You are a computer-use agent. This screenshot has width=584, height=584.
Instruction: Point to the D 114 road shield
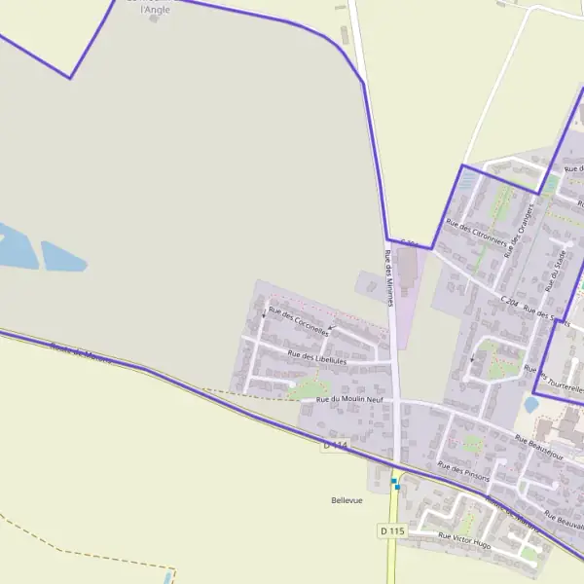[x=335, y=445]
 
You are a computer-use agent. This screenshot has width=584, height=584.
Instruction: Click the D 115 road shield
[x=391, y=530]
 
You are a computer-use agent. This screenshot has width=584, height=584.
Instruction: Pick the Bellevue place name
[x=347, y=500]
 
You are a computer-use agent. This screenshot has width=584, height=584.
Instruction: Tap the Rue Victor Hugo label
[x=464, y=541]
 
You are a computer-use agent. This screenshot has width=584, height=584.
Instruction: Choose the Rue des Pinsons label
[x=463, y=471]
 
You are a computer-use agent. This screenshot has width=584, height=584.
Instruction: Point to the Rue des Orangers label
[x=521, y=229]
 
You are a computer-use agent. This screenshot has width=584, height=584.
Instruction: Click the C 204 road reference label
[x=510, y=303]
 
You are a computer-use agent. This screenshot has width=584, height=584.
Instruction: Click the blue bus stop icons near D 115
[x=395, y=483]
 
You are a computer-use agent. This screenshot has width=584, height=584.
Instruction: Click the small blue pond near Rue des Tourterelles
[x=531, y=403]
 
